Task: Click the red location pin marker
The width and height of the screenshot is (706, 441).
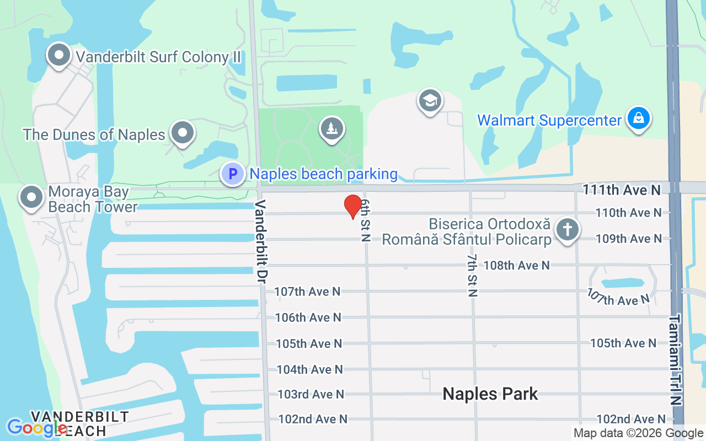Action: click(353, 207)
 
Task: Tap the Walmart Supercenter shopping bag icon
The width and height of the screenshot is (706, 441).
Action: click(638, 119)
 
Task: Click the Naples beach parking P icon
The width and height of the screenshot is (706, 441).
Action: click(233, 174)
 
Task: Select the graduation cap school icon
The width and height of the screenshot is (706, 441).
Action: click(430, 101)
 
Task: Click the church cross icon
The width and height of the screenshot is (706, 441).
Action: click(567, 229)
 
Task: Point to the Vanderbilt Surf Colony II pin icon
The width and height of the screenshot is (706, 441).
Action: click(58, 55)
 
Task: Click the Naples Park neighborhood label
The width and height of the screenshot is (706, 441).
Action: click(490, 394)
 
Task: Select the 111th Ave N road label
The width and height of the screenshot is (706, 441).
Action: click(621, 190)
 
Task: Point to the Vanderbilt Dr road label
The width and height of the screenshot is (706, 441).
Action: click(261, 242)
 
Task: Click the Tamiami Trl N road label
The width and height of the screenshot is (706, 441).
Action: click(676, 368)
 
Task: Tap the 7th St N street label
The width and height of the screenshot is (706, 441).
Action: click(472, 275)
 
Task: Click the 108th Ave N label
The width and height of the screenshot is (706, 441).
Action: click(516, 265)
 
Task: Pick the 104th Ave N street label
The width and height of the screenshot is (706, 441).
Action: click(309, 369)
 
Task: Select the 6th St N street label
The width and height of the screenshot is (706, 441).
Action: click(365, 220)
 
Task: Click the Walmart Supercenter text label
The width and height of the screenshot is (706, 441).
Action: click(549, 120)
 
